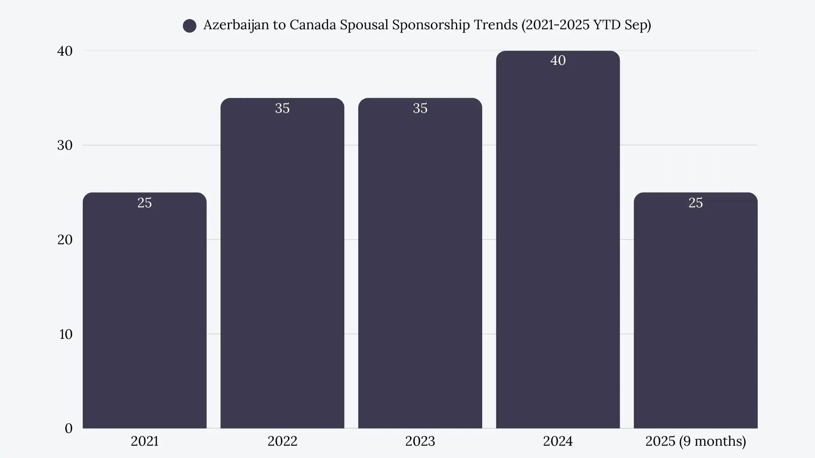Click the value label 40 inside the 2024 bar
[x=558, y=61]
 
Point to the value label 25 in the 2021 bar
[x=144, y=203]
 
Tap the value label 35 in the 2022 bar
[x=282, y=108]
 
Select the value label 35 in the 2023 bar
[x=420, y=108]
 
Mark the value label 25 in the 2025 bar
[x=695, y=203]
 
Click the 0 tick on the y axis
[x=68, y=428]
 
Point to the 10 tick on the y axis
[x=65, y=334]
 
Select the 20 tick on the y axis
[x=65, y=240]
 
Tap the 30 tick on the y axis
[x=65, y=145]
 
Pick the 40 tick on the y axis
[x=65, y=51]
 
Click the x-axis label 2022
[x=282, y=441]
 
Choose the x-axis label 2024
[x=558, y=441]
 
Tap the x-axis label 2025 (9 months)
[x=695, y=441]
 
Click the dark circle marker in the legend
[x=189, y=26]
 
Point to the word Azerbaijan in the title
[x=236, y=25]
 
